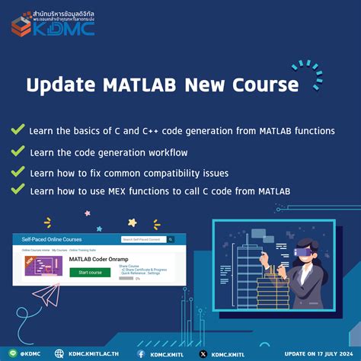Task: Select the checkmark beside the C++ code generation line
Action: coord(17,130)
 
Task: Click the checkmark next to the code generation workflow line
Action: coord(17,152)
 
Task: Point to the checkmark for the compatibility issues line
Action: coord(17,172)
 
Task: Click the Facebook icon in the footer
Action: coord(142,353)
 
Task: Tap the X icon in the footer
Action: coord(203,353)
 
